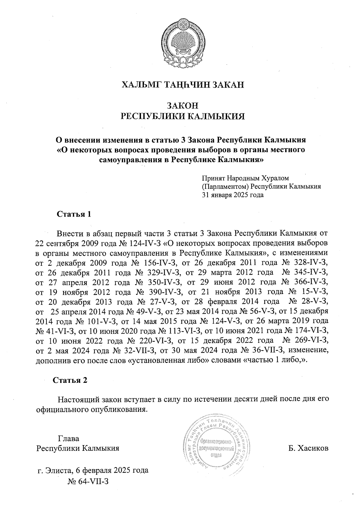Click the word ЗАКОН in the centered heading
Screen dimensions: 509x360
click(x=182, y=106)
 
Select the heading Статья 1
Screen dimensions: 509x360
click(x=73, y=214)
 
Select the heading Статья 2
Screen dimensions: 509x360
click(x=70, y=380)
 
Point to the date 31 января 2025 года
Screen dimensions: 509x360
click(x=233, y=195)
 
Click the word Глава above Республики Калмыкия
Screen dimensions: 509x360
click(x=69, y=439)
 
